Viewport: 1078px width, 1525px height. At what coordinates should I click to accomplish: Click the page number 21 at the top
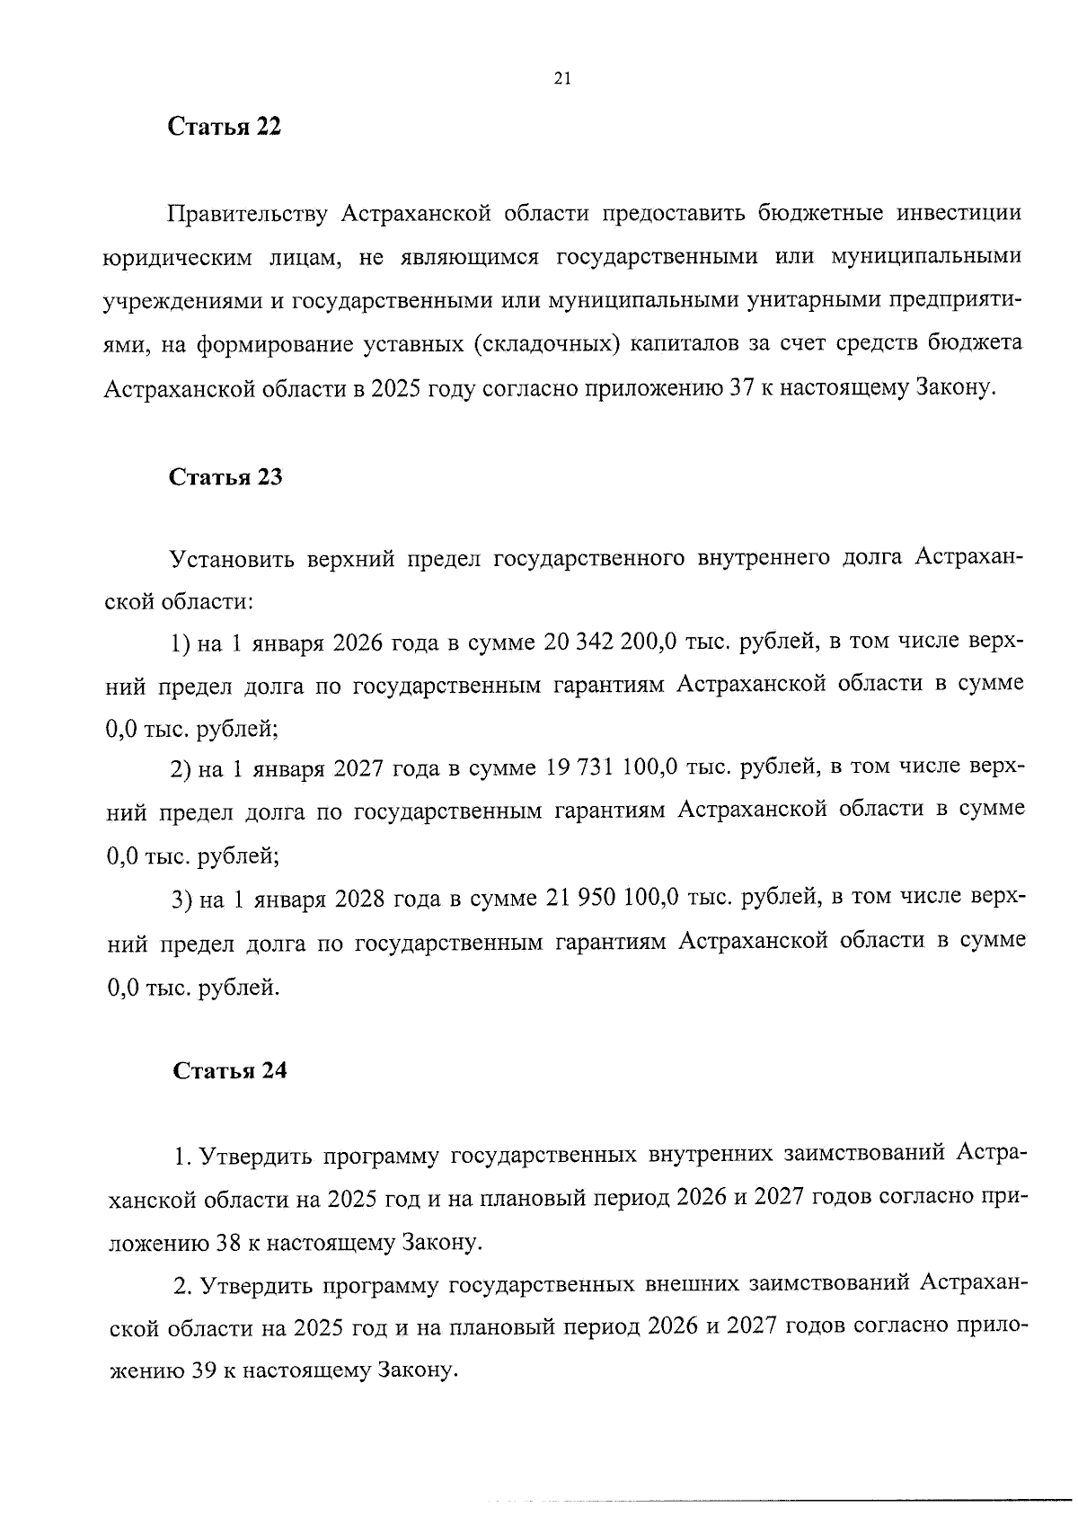click(561, 78)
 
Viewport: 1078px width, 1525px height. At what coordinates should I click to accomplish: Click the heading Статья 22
click(225, 127)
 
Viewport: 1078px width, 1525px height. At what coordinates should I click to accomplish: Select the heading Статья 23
click(226, 477)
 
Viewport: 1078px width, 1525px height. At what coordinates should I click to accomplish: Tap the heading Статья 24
click(229, 1070)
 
